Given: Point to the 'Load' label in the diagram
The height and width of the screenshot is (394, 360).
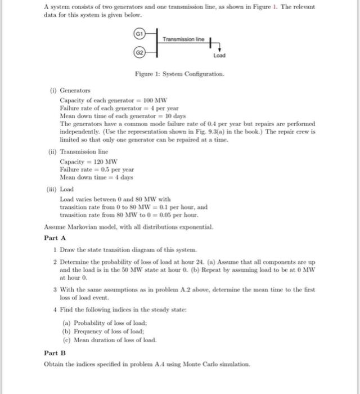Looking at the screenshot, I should coord(219,56).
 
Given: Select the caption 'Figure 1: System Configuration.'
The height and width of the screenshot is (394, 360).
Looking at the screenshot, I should coord(179,74).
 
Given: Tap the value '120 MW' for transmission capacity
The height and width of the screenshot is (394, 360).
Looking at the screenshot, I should coord(100,161).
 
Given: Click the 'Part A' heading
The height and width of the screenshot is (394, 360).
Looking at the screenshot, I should coord(55,238).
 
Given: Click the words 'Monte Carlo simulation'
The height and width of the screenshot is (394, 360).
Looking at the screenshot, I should coord(218,364).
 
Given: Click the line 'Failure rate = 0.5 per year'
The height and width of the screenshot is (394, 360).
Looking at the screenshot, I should coord(97,169).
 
